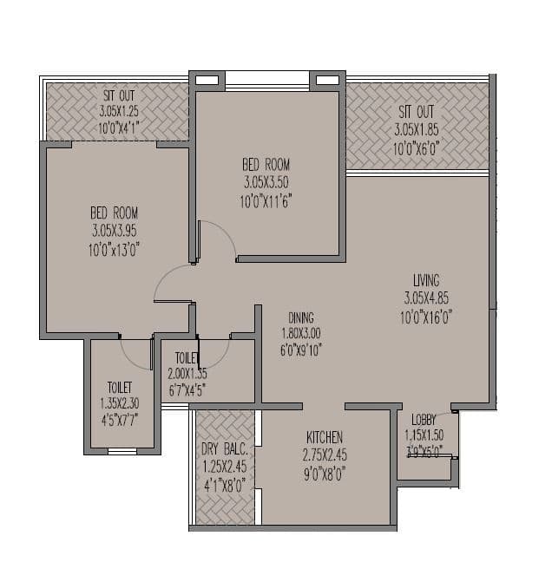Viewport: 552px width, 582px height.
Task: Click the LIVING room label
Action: point(426,280)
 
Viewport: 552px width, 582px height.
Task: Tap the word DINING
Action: point(297,317)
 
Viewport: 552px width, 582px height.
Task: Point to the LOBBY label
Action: point(424,419)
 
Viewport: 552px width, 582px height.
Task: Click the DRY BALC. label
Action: point(226,448)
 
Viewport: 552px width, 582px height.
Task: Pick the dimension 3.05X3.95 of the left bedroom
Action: point(115,231)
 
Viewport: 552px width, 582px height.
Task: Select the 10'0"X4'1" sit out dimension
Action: point(119,128)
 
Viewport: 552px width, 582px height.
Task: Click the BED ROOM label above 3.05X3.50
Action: point(266,165)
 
